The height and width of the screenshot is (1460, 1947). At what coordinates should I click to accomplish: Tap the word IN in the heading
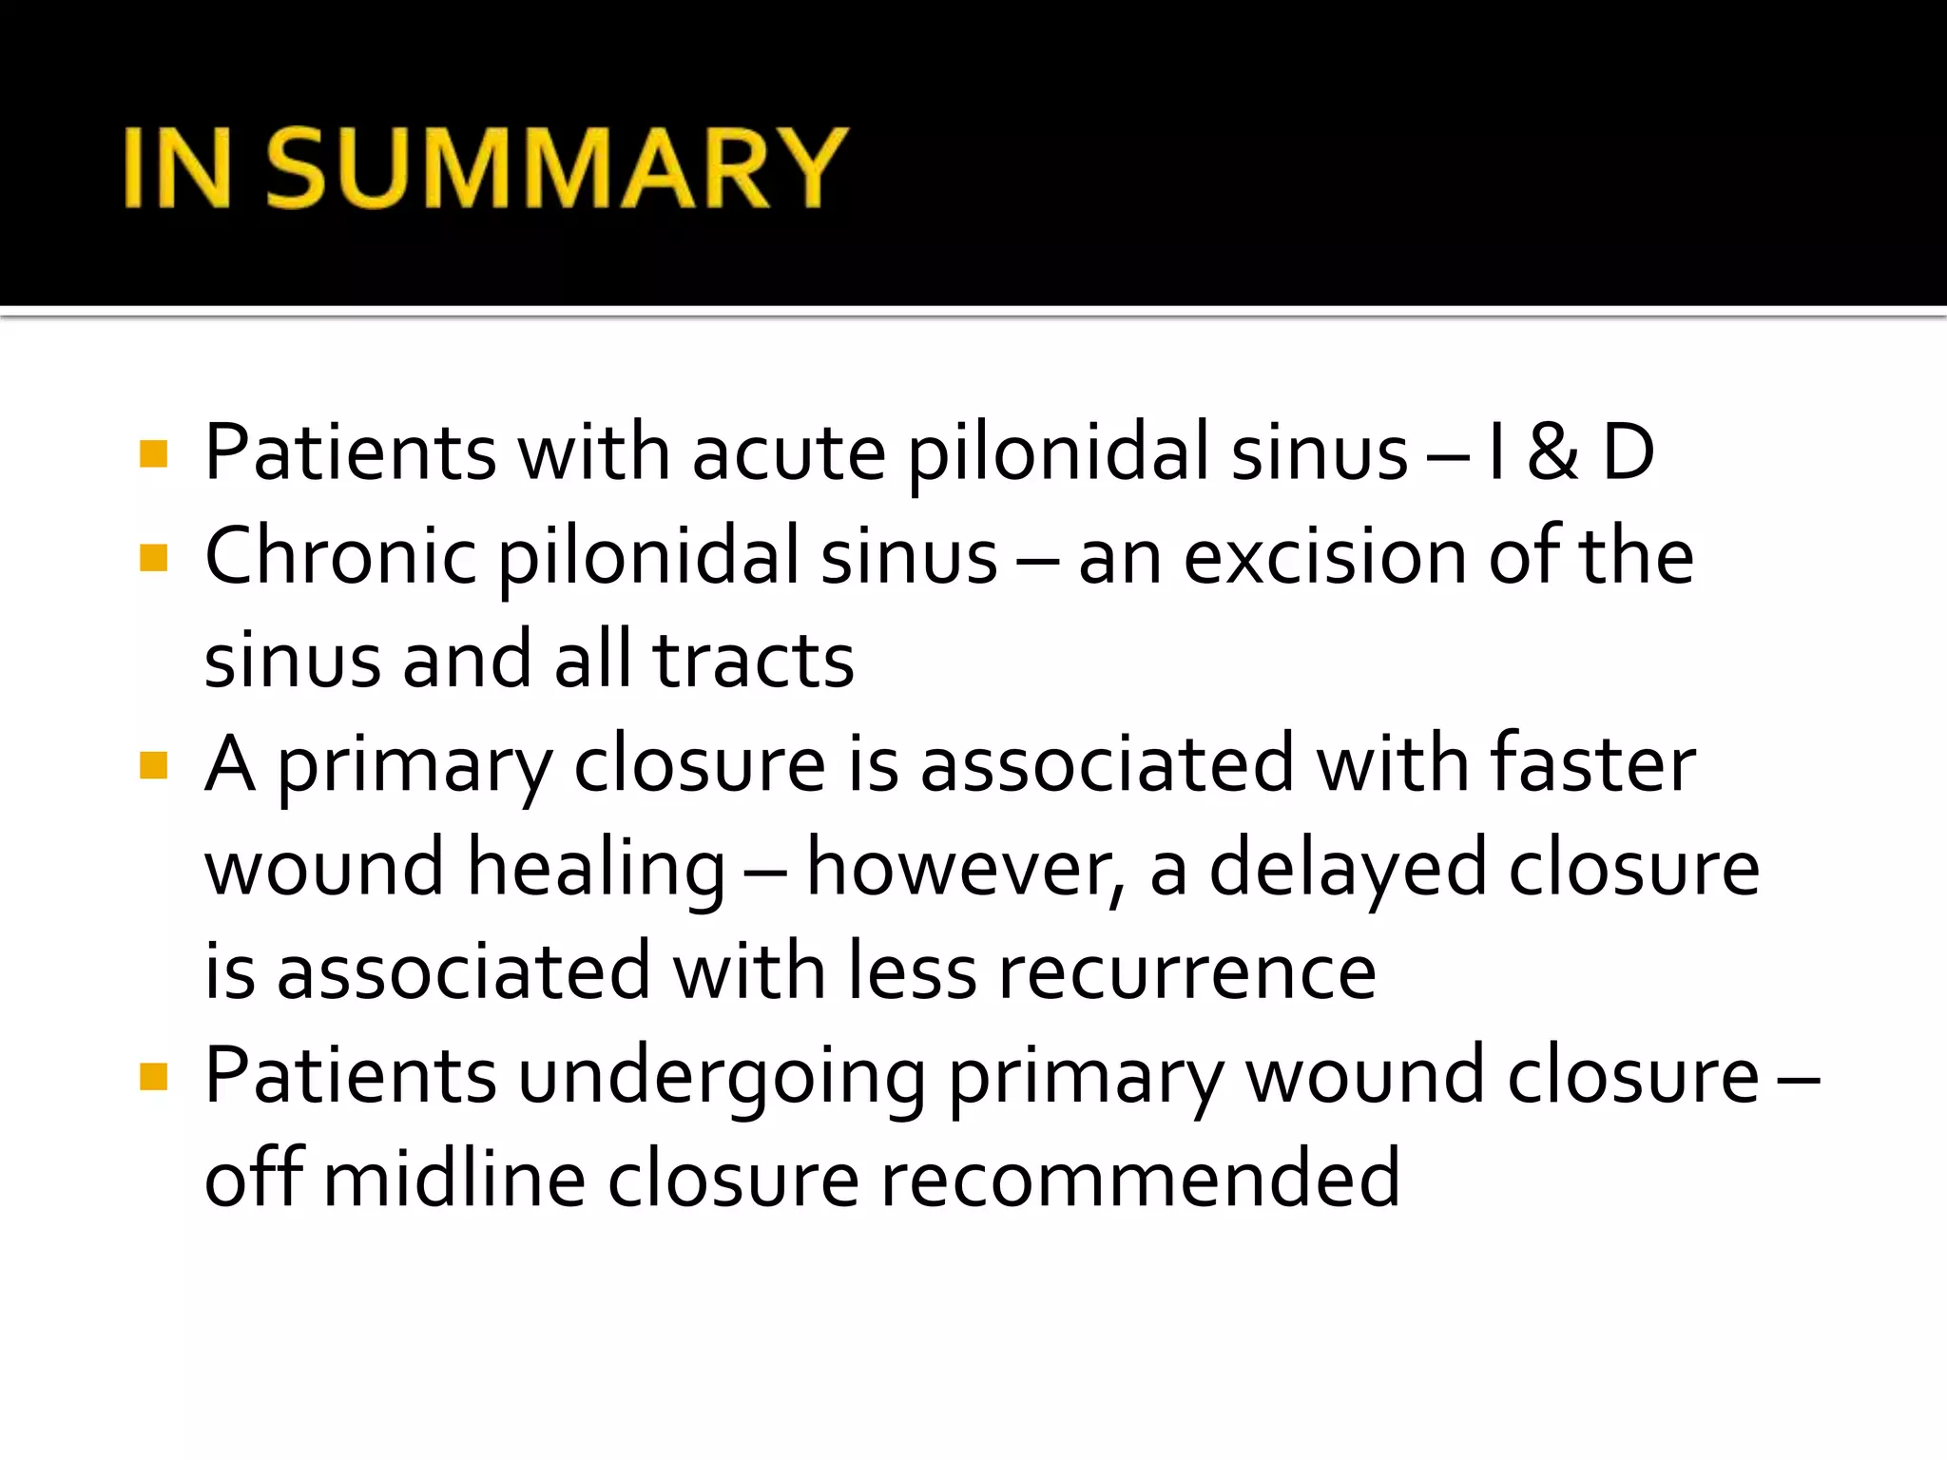pos(178,168)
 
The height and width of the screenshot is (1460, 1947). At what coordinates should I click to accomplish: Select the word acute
pos(789,452)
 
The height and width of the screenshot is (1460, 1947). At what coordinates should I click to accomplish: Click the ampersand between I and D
pos(1552,452)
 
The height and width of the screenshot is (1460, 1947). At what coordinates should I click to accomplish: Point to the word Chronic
pos(339,557)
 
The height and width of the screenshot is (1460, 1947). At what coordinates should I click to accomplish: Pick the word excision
pos(1324,557)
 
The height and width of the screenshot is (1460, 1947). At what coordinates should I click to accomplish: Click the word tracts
pos(753,661)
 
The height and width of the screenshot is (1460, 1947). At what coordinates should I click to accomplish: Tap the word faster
pos(1592,764)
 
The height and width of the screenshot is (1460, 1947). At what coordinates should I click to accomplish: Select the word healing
pos(597,869)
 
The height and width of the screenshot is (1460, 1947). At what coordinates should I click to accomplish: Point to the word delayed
pos(1347,869)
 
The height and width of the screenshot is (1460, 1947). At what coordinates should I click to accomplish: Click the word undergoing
pos(722,1077)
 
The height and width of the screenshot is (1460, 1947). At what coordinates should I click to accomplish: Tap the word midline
pos(454,1180)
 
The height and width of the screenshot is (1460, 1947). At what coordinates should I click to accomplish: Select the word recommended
pos(1140,1180)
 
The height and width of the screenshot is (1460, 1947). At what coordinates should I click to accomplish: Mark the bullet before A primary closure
pos(153,765)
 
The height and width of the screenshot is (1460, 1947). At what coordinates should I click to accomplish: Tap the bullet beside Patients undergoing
pos(153,1077)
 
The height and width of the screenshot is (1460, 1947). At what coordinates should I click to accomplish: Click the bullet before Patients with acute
pos(153,453)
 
